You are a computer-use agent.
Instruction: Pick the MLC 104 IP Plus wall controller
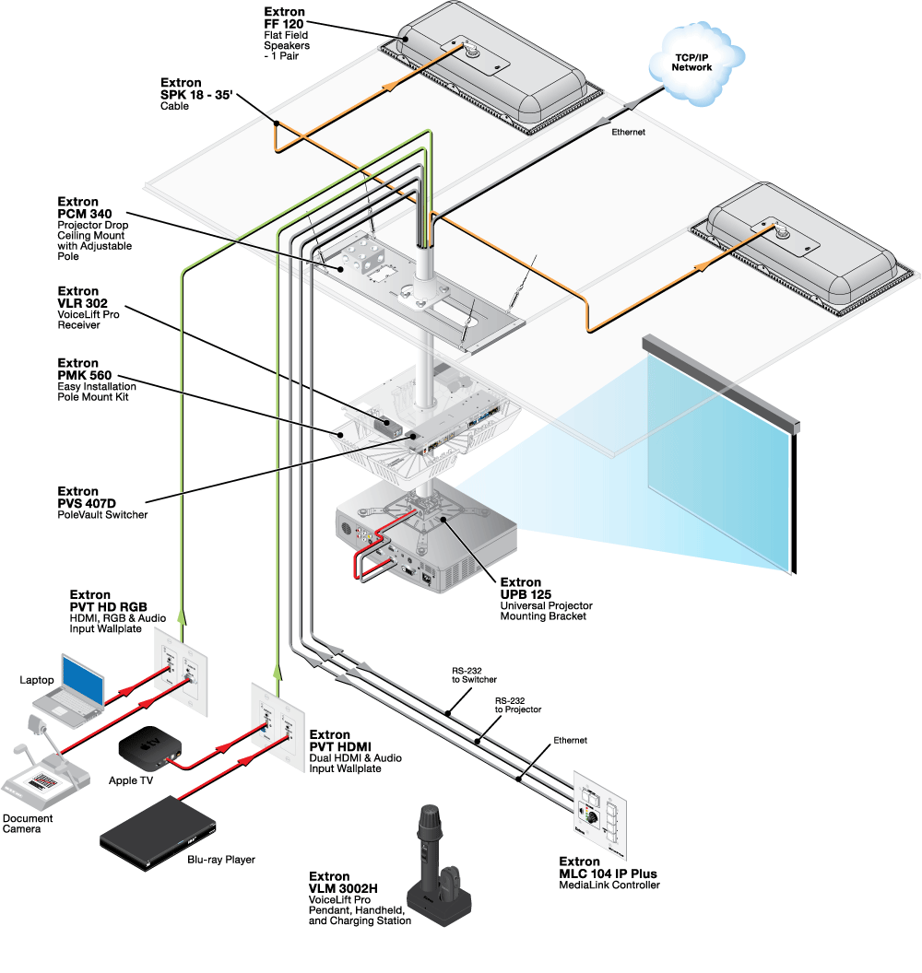coord(600,811)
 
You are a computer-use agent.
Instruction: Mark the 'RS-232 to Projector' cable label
coord(517,705)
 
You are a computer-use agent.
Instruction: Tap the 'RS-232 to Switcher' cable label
coord(475,676)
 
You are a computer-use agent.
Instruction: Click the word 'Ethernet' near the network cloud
coord(629,133)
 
